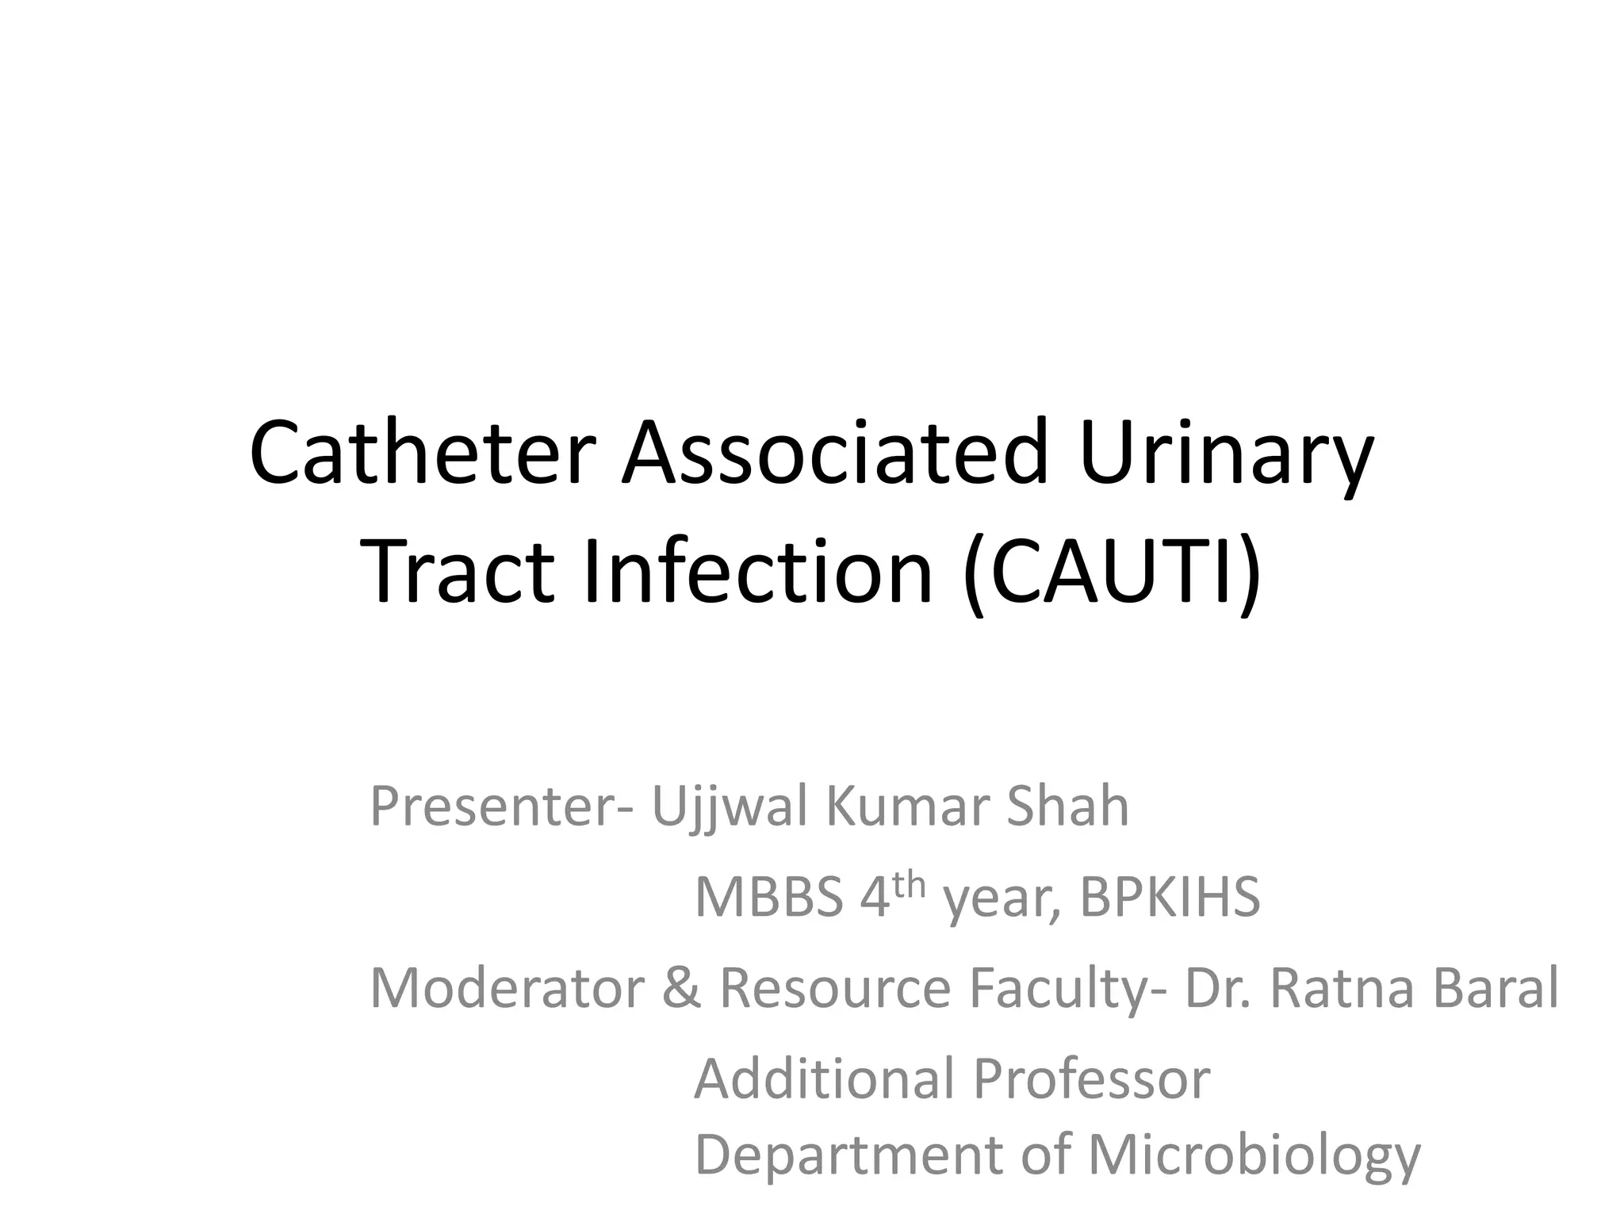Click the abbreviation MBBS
click(x=768, y=898)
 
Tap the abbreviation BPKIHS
click(x=1170, y=898)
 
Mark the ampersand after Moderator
click(x=682, y=989)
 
